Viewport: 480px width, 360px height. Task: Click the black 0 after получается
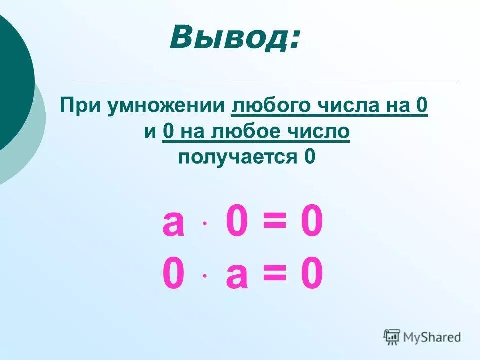point(310,157)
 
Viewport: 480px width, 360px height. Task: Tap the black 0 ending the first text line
point(421,106)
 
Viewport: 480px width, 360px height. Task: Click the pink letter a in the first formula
point(173,224)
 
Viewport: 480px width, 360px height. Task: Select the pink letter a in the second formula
point(237,276)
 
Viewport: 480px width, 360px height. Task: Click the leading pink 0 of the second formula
point(173,275)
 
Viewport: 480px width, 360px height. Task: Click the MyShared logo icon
point(392,337)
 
